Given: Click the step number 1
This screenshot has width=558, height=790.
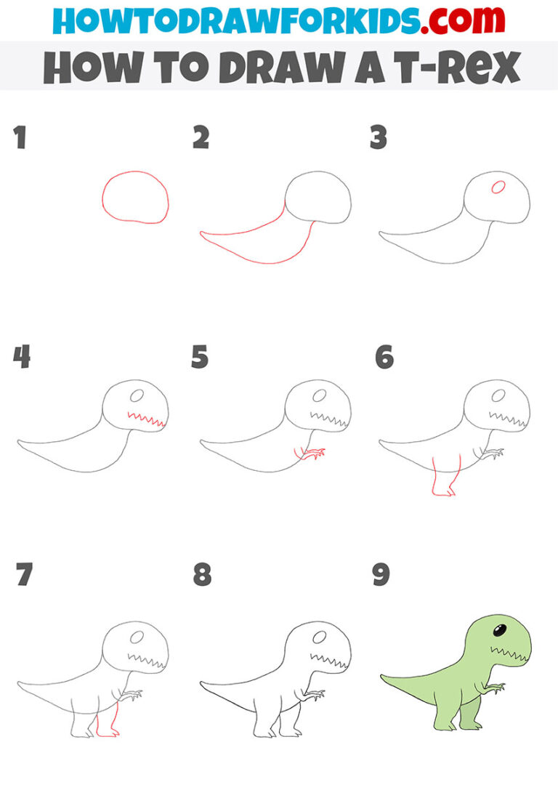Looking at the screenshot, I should [20, 138].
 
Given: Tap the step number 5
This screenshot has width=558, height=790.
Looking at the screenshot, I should [201, 357].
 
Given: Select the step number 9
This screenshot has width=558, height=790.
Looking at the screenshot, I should [381, 575].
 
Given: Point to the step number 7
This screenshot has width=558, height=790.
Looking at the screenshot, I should [24, 575].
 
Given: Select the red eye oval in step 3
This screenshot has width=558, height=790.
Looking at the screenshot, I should [498, 187].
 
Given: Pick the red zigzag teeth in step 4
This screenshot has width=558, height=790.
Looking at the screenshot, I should [146, 419].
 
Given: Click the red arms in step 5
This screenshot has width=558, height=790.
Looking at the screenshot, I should [310, 454].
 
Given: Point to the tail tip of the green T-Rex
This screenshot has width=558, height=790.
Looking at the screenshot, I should [383, 677].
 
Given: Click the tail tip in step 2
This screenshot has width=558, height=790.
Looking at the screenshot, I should [203, 233].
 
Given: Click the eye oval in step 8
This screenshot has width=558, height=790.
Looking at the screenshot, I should [318, 637].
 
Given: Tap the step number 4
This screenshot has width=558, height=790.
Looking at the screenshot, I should [21, 357].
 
